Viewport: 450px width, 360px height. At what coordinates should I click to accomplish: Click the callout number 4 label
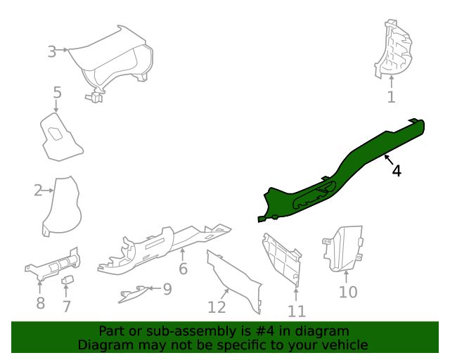(x=397, y=171)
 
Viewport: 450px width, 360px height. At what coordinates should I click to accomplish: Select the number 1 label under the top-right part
(x=391, y=98)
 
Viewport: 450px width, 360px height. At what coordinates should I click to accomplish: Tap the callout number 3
(x=52, y=51)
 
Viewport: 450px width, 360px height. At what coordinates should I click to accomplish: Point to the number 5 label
(x=57, y=92)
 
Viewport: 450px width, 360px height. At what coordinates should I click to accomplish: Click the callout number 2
(x=38, y=190)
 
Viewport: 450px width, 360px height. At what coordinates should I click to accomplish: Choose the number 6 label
(x=183, y=269)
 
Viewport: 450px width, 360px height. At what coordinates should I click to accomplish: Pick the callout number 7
(x=67, y=307)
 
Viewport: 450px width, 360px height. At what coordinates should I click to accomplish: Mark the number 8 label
(x=40, y=304)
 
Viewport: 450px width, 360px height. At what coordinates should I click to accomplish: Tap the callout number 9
(x=167, y=289)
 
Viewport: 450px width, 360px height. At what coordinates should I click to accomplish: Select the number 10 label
(x=348, y=292)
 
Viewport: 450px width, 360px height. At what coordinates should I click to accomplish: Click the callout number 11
(x=297, y=311)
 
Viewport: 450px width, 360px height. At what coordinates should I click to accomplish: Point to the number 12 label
(x=217, y=307)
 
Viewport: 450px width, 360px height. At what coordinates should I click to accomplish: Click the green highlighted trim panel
(x=337, y=172)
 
